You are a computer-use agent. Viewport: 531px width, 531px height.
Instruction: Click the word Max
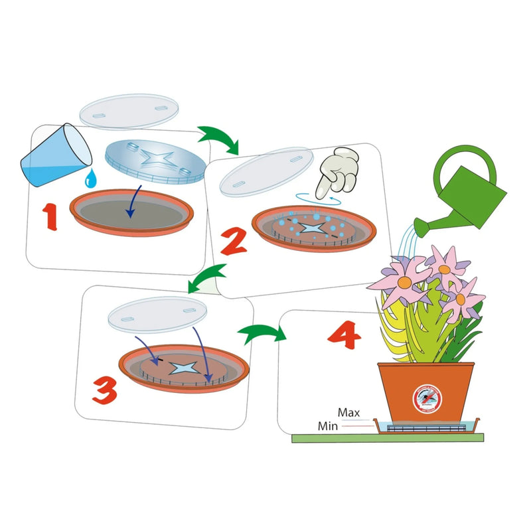pos(348,413)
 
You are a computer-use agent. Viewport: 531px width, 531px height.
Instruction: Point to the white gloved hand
pos(339,171)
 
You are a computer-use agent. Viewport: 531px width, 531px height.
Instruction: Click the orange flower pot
pos(425,392)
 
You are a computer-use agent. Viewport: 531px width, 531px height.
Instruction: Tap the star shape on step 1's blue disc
pos(151,161)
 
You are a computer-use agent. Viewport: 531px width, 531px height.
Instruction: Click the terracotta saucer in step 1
pos(131,213)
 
